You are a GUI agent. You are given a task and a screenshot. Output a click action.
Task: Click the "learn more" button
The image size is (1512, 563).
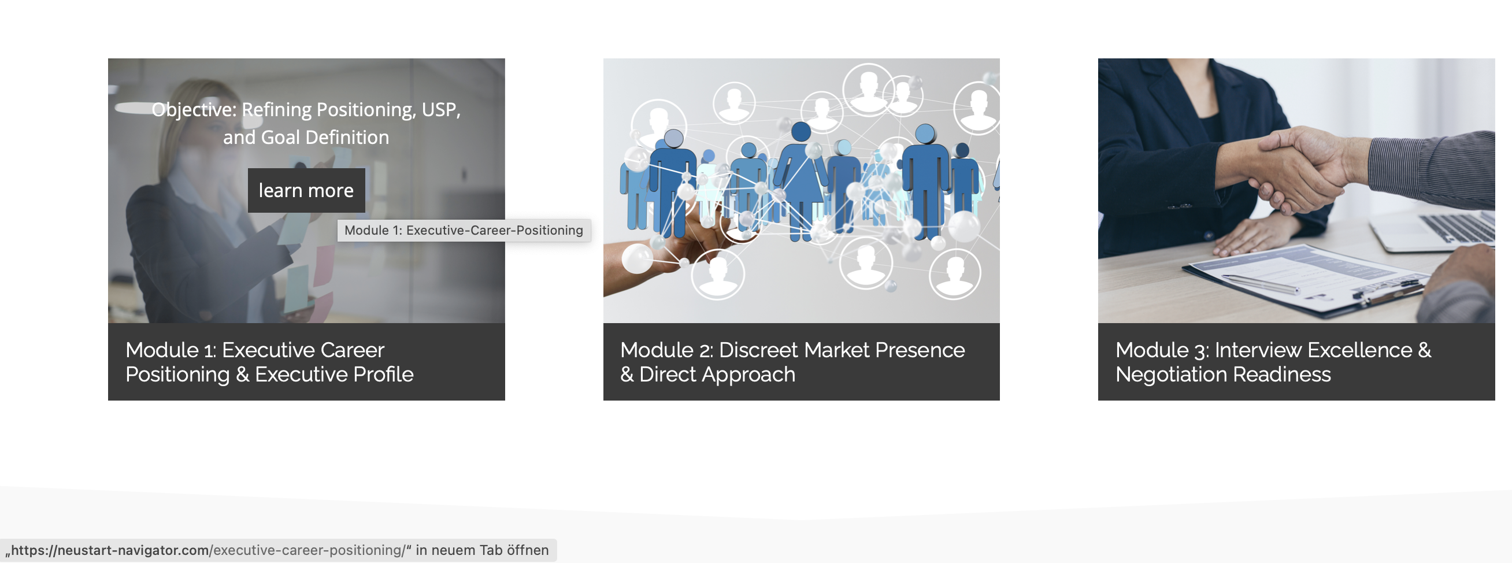[306, 190]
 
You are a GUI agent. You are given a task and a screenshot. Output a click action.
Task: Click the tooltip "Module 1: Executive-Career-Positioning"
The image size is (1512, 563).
[464, 230]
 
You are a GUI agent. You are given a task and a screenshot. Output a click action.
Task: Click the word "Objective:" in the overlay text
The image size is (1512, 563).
[194, 110]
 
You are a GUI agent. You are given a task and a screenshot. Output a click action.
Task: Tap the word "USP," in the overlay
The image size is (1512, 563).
[441, 110]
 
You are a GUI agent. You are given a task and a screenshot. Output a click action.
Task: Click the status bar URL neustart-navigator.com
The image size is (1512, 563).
[110, 550]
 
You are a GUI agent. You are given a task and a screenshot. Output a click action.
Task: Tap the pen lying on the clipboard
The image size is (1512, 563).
[1262, 284]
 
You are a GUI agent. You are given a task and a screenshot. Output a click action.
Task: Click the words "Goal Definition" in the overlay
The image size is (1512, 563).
[325, 138]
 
